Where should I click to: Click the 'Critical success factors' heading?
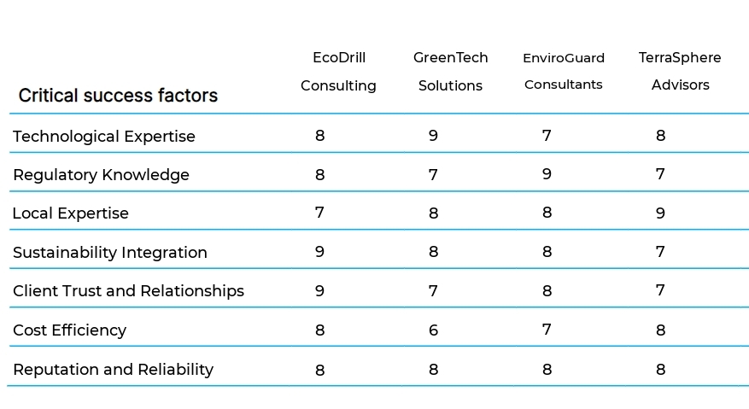118,96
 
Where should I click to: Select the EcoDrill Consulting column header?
338,72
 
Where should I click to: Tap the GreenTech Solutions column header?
450,72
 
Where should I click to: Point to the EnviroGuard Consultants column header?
563,72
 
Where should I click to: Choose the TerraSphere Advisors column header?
680,72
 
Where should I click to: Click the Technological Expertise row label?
103,137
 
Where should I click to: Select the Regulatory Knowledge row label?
101,175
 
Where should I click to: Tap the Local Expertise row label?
70,213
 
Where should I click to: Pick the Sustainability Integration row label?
109,253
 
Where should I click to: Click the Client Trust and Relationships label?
128,291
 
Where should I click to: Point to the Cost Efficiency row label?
69,330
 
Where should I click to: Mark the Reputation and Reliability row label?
113,370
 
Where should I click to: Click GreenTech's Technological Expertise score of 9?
433,136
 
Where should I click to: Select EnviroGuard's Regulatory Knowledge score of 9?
547,174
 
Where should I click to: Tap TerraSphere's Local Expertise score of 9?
660,213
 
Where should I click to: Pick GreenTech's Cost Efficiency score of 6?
433,330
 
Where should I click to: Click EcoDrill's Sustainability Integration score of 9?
319,252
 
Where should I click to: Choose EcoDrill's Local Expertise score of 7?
319,213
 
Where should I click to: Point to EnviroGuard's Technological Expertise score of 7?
547,136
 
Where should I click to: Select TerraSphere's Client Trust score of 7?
660,291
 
